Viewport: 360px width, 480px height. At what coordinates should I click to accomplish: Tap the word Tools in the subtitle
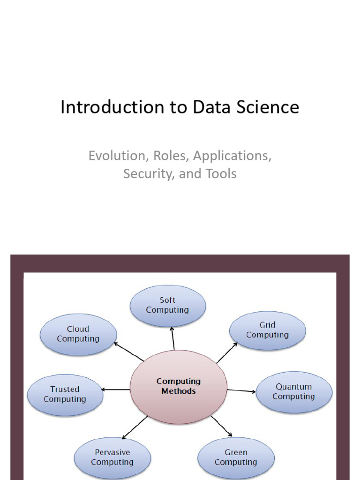pos(221,174)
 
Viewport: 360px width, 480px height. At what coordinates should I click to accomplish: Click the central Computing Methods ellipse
pos(179,386)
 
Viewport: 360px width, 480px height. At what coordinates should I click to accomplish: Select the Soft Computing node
pos(167,305)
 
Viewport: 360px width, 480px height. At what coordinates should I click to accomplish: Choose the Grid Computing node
pos(267,330)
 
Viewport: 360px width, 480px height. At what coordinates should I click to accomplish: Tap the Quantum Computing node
pos(293,392)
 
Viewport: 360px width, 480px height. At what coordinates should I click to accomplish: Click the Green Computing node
pos(236,457)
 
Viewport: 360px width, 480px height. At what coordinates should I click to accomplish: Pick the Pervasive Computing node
pos(112,457)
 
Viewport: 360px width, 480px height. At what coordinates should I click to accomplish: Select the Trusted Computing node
pos(65,394)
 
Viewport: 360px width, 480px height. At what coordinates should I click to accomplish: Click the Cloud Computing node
pos(78,334)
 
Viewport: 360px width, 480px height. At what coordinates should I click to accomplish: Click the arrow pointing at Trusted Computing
pos(116,390)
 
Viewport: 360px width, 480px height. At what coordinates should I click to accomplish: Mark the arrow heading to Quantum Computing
pos(241,390)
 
